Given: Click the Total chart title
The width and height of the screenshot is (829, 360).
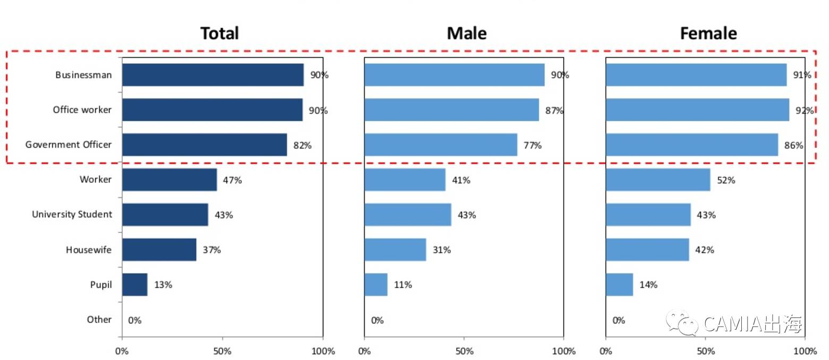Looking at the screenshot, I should point(219,34).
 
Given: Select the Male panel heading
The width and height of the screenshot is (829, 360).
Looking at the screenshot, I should point(466,34).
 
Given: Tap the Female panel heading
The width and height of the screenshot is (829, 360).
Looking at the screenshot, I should point(708,34).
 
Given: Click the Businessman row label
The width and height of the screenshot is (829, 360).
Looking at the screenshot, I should point(83,75).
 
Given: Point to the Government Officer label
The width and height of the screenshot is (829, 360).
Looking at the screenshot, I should point(69,145).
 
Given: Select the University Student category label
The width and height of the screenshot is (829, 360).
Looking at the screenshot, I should point(72,214).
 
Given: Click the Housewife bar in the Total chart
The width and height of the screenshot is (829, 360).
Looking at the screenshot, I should point(159,249).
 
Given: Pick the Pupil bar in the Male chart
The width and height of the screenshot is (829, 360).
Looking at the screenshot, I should point(376,284).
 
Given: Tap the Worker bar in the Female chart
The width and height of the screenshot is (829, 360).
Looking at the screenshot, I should point(658,180).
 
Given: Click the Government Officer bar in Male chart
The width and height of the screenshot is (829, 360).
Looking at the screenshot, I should point(440,145).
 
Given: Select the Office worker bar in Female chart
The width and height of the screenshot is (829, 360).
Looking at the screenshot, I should point(697,110).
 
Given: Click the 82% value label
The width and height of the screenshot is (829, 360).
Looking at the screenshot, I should point(302,145).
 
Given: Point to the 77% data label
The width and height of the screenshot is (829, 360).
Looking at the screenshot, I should point(533,145).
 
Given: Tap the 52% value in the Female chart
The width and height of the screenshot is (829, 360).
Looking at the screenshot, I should point(726,180).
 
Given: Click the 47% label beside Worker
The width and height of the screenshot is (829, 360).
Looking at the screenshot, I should point(232,180).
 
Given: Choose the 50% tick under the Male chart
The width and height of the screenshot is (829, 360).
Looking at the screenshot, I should point(464,351).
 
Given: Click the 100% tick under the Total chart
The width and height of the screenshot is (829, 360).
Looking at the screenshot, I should point(323,351).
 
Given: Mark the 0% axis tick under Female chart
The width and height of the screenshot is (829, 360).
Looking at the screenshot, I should point(606,351).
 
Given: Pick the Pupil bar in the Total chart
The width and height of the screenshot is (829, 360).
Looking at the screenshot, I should point(135,284).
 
